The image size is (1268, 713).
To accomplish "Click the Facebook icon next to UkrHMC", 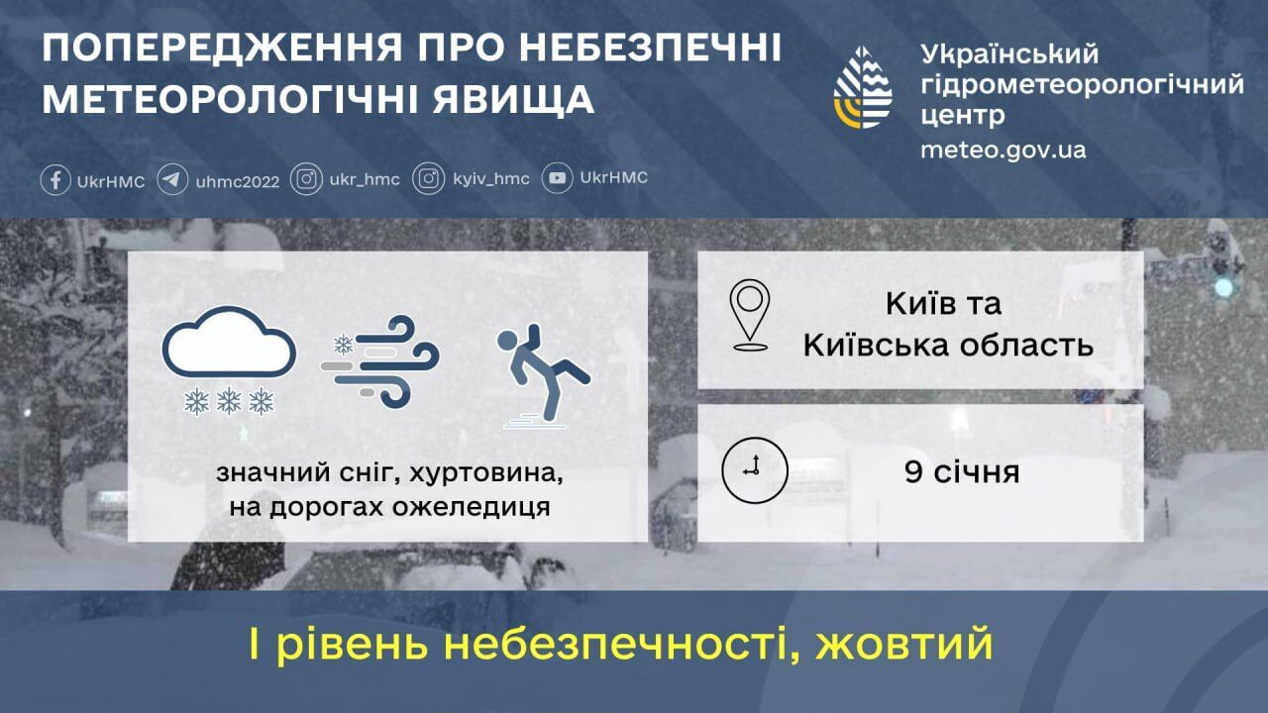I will click(x=55, y=180).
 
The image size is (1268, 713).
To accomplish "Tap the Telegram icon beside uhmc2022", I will click(x=172, y=180).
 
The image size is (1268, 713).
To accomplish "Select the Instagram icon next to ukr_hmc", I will click(x=307, y=179).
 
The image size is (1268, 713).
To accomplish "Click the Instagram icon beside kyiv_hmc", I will click(x=429, y=179).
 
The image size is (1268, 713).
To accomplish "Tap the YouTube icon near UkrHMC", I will click(x=559, y=178).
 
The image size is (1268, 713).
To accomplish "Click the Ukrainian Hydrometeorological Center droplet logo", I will click(x=863, y=87).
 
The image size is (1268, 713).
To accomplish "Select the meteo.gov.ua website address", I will click(x=1003, y=151).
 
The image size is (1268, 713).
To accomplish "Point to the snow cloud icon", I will click(x=229, y=360).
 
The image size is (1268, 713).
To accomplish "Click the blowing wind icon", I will click(x=380, y=360).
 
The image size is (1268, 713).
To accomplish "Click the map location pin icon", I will click(x=750, y=315).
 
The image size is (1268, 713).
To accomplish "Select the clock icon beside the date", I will click(x=754, y=469).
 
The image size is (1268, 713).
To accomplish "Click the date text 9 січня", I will click(x=961, y=472).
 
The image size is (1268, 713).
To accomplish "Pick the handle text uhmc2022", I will click(x=238, y=181).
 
